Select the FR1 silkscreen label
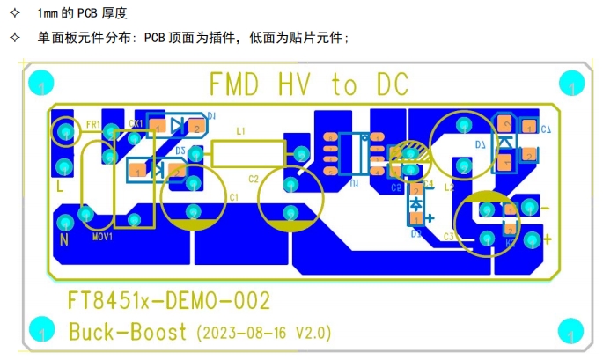click(x=92, y=124)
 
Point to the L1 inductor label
click(x=241, y=130)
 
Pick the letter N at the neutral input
click(x=63, y=239)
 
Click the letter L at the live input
click(x=60, y=187)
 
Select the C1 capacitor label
click(x=233, y=196)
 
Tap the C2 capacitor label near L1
click(x=254, y=179)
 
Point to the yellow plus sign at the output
click(x=548, y=239)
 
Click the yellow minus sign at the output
click(x=544, y=209)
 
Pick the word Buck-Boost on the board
click(x=129, y=332)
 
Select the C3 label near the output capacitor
click(x=449, y=237)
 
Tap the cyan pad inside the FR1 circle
click(x=63, y=133)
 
